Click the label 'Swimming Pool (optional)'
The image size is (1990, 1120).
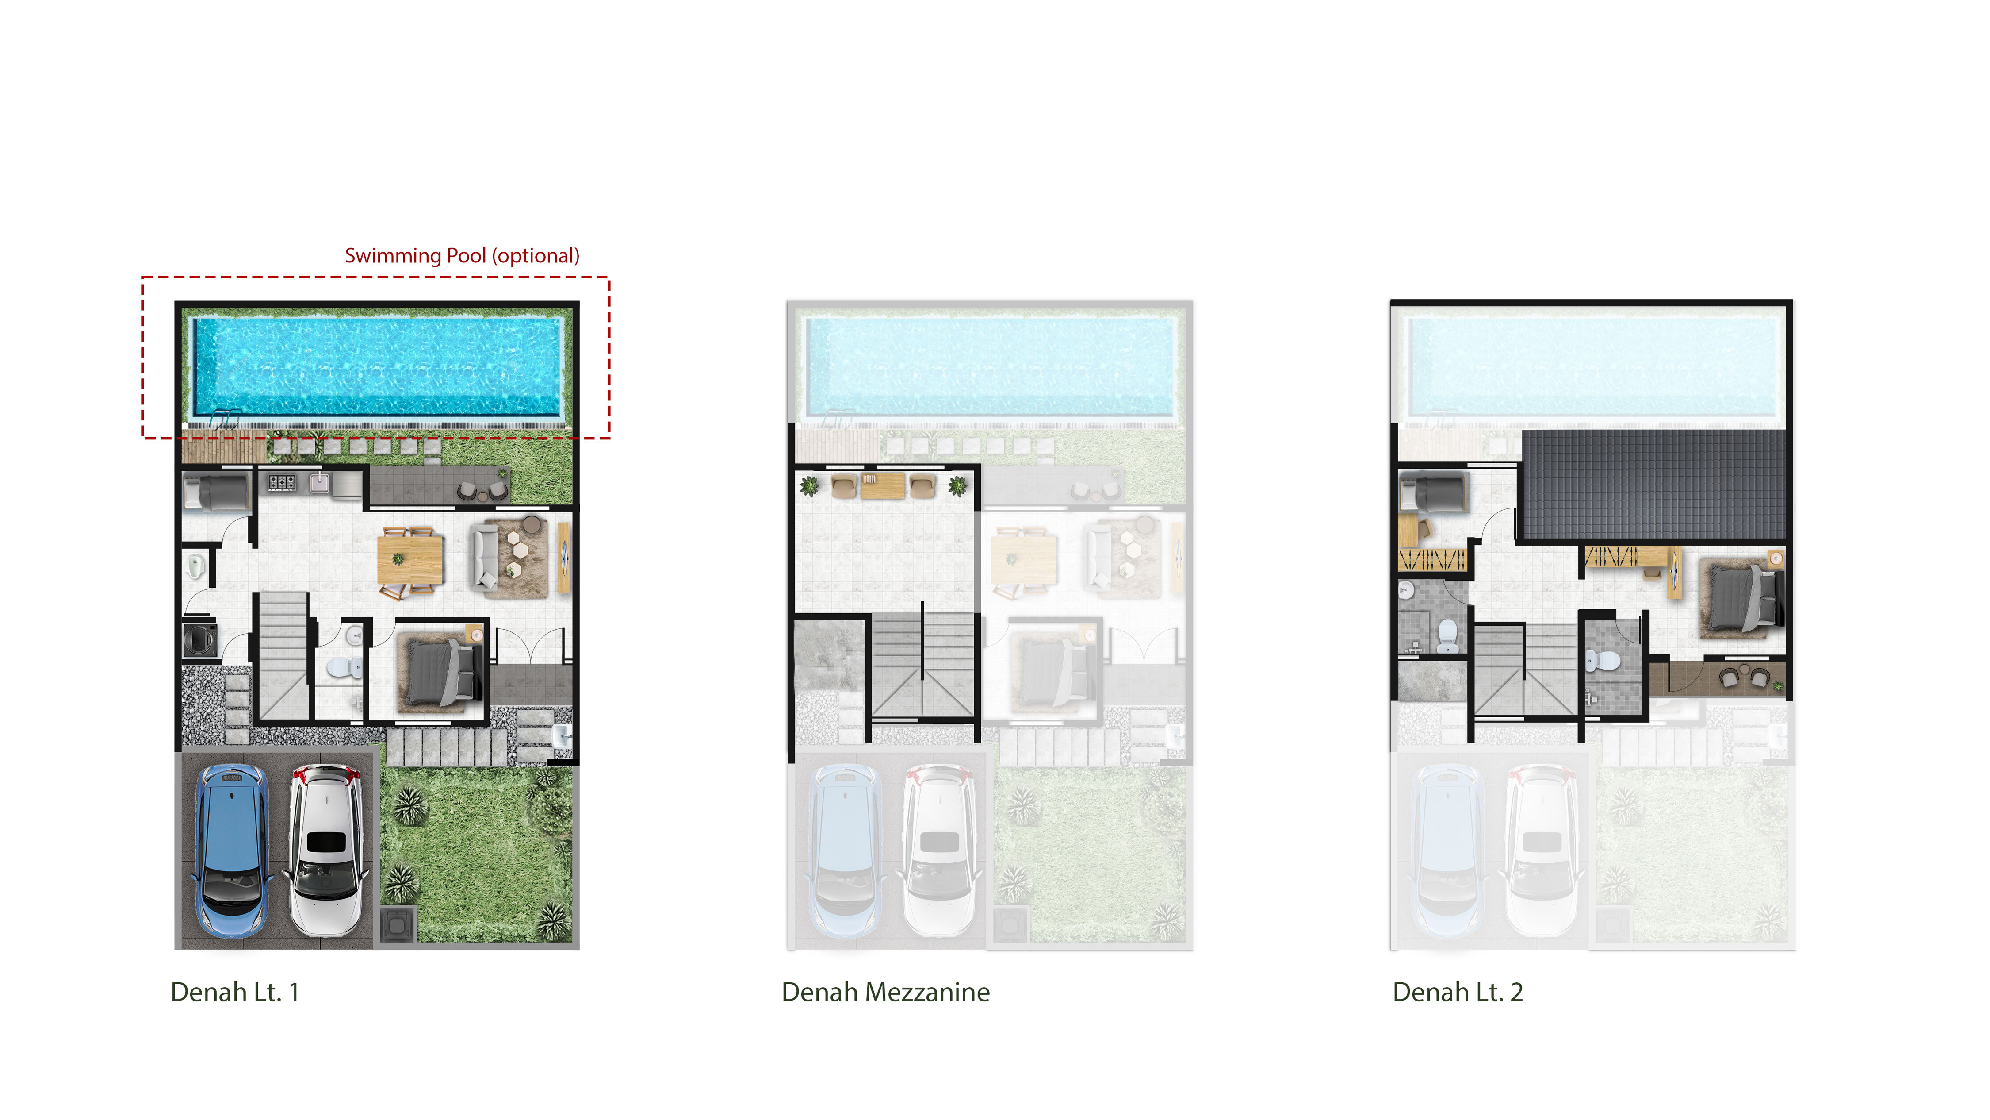tap(462, 256)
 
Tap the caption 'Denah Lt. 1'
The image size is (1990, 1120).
tap(235, 992)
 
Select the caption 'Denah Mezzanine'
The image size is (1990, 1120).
tap(885, 992)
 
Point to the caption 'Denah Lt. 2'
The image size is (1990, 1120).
tap(1458, 992)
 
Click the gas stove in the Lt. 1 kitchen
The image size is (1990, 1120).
tap(281, 482)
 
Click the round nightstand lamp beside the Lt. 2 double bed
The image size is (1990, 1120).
tap(1775, 557)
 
